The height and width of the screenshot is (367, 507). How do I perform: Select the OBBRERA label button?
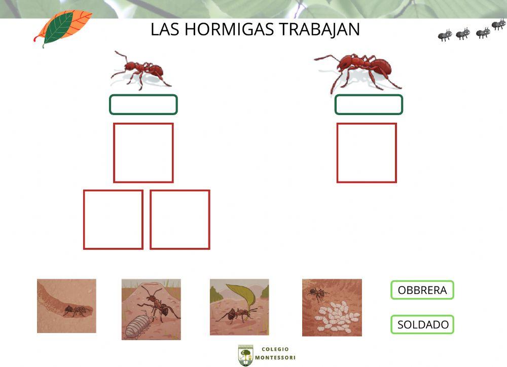[422, 290]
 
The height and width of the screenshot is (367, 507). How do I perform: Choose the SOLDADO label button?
[422, 324]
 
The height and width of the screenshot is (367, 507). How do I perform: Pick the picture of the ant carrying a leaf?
[239, 307]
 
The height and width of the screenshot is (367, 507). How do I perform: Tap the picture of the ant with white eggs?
[332, 307]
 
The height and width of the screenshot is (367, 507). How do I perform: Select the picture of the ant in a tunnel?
[66, 306]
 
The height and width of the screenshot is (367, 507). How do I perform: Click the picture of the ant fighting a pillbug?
[151, 309]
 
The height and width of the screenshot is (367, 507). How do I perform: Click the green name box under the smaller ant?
[143, 104]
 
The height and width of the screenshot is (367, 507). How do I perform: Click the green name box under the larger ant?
[369, 104]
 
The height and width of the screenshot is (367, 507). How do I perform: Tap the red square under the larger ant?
[367, 153]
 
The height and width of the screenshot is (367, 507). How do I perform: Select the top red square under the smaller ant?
[143, 153]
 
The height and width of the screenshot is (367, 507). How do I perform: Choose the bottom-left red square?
[113, 219]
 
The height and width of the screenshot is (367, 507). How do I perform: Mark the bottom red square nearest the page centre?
[180, 219]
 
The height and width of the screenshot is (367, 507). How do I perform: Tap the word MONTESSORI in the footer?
[275, 358]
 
